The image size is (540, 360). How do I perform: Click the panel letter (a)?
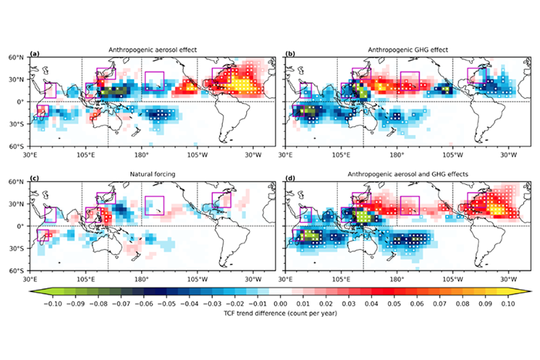[x=34, y=54]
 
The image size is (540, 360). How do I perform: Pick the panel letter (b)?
[x=291, y=54]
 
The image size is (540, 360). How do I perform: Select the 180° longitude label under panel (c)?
[x=142, y=279]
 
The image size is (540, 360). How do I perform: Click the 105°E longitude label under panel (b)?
[x=340, y=153]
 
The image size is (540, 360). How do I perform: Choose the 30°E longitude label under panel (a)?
[x=30, y=153]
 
